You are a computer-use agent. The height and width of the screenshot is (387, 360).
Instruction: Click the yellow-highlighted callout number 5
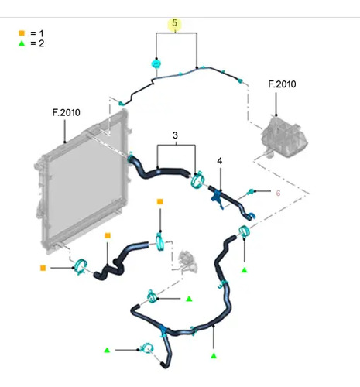tap(175, 23)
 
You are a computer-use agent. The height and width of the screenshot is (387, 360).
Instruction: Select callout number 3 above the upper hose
tap(175, 135)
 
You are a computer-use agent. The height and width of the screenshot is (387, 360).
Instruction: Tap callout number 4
tap(219, 161)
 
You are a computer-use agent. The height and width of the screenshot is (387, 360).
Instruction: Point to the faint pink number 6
tap(278, 193)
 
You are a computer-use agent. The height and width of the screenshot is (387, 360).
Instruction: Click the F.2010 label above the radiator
tap(67, 112)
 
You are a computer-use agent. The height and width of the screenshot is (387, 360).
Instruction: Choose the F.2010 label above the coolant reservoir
tap(282, 84)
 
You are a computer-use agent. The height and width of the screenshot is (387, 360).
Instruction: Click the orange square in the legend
tap(22, 33)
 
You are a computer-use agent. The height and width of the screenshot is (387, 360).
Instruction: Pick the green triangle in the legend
tap(22, 43)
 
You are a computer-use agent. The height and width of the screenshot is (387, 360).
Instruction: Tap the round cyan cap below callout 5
tap(156, 63)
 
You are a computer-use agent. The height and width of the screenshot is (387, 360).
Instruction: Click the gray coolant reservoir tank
tap(284, 137)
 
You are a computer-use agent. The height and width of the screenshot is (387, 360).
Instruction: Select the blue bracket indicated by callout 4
tap(217, 197)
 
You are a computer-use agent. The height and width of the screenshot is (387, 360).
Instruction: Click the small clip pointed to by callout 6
tap(250, 192)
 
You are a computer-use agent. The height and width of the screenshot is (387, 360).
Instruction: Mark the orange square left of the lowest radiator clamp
tap(43, 268)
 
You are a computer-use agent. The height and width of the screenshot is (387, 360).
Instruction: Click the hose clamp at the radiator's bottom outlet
tap(81, 267)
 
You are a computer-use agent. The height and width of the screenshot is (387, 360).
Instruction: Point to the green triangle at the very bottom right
tap(214, 356)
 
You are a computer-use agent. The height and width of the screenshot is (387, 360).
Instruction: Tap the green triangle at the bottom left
tap(107, 350)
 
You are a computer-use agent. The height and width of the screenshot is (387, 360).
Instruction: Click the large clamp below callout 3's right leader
tap(197, 180)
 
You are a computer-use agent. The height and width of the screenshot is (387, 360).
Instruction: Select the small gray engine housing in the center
tap(187, 261)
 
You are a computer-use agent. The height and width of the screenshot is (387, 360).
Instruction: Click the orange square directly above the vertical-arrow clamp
tap(160, 201)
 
